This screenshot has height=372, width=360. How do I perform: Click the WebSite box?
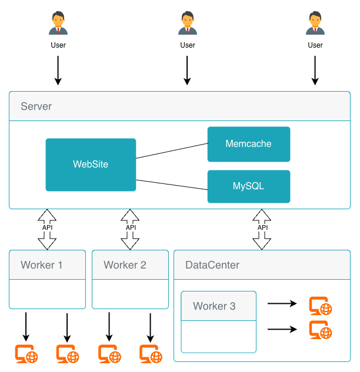click(x=91, y=165)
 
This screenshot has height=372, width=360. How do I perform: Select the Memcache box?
click(x=248, y=144)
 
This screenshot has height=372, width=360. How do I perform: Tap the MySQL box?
click(x=248, y=186)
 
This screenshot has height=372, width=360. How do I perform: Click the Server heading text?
click(x=36, y=106)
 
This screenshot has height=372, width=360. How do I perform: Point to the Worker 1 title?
click(x=42, y=265)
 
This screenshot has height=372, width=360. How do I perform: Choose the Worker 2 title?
click(x=125, y=265)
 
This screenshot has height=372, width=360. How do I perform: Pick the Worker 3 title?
click(x=214, y=306)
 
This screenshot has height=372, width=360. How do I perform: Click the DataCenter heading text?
click(x=212, y=265)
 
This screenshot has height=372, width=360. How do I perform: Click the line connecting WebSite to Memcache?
click(x=172, y=151)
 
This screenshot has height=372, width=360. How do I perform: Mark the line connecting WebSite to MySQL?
click(x=172, y=185)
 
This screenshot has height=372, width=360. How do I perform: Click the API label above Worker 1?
click(x=47, y=227)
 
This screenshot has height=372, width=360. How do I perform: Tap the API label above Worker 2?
click(x=131, y=227)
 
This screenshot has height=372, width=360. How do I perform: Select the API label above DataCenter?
click(x=262, y=227)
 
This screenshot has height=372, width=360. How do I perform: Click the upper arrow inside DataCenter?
click(x=282, y=304)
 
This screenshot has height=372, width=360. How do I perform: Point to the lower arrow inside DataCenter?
click(x=282, y=329)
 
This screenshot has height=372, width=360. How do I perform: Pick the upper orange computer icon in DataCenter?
click(x=321, y=306)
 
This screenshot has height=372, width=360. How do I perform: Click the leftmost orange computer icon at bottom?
click(x=26, y=354)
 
